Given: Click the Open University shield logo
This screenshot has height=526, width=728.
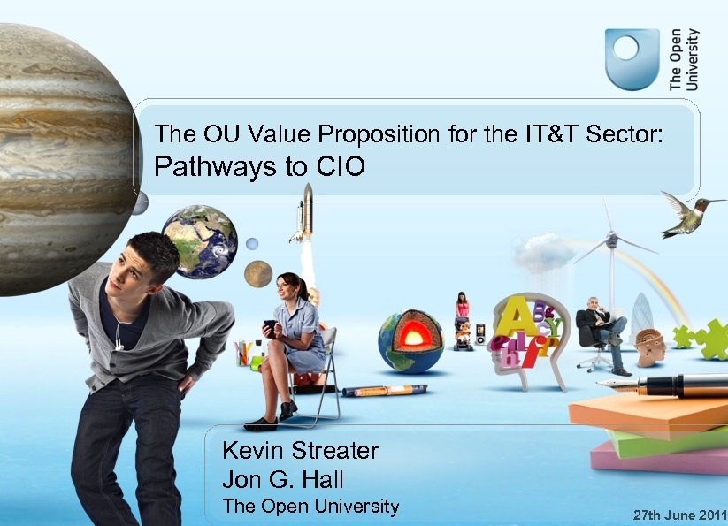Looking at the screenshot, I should (x=632, y=59).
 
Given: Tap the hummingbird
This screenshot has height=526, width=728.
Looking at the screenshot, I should (x=686, y=215).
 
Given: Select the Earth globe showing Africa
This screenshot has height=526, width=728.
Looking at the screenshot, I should (x=200, y=241).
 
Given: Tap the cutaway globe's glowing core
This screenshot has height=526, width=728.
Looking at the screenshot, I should (x=412, y=337).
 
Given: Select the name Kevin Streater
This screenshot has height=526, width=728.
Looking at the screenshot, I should (x=300, y=451).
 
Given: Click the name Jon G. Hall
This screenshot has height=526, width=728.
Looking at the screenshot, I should (x=282, y=480).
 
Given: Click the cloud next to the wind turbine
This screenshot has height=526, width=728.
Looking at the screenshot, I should (x=543, y=252).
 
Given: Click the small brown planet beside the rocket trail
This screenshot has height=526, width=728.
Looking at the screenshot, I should (x=258, y=274).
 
